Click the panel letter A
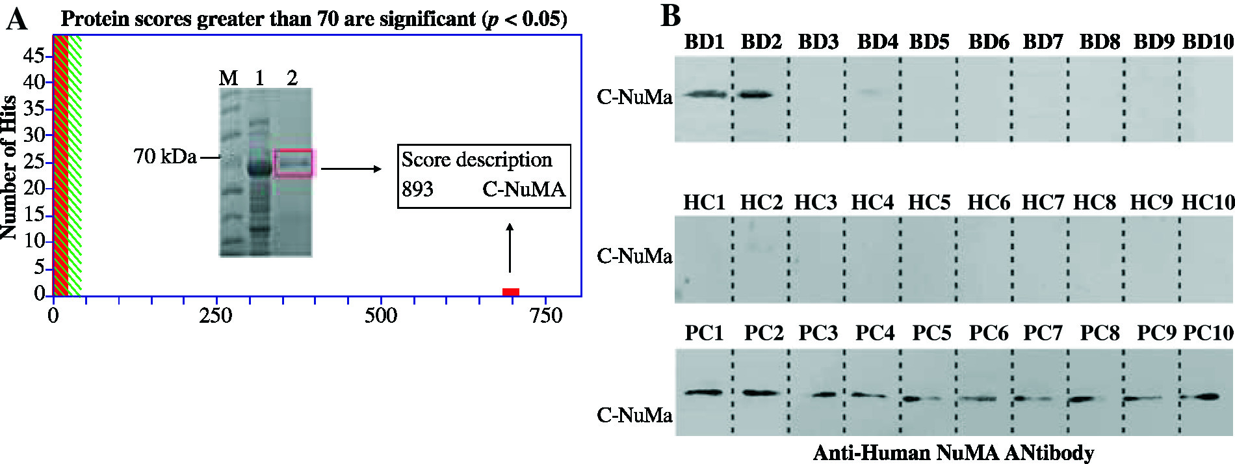point(17,20)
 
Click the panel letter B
point(670,16)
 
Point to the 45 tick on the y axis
point(34,56)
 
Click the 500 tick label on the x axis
point(381,316)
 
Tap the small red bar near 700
point(511,292)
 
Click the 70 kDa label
point(165,156)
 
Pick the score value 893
point(417,189)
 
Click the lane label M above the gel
point(228,78)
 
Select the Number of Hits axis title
point(9,167)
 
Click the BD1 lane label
point(704,42)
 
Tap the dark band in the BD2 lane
point(756,95)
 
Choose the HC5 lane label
point(929,203)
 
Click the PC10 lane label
point(1208,333)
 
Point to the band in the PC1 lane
point(703,392)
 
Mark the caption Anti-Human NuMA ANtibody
point(954,452)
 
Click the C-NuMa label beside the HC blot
point(634,256)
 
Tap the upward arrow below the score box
point(510,247)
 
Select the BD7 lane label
point(1043,42)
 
